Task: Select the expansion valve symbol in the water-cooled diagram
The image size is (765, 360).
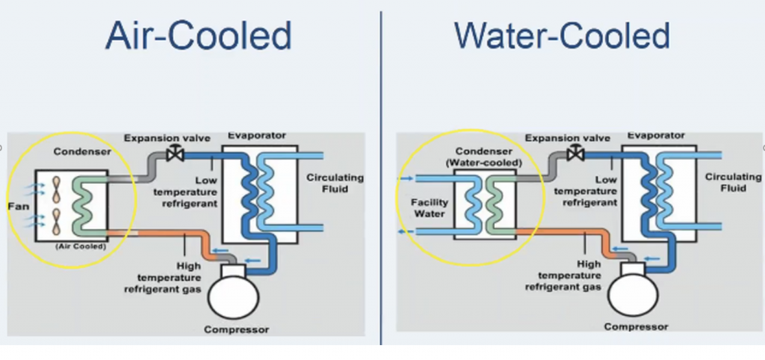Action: click(x=576, y=154)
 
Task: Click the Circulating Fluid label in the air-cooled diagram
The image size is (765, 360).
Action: click(x=335, y=183)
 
